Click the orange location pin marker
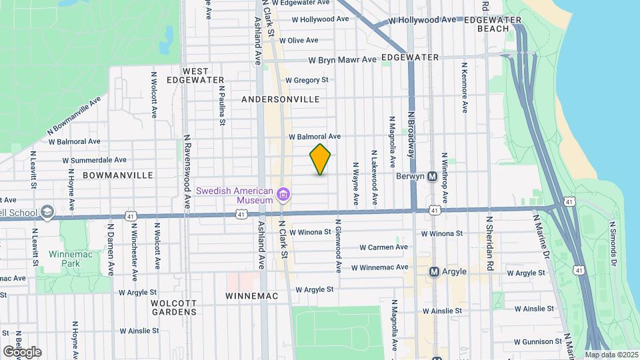tap(320, 159)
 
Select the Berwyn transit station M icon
tap(432, 177)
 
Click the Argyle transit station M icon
tap(434, 272)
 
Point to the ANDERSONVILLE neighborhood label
tap(280, 99)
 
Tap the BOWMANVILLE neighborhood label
tap(118, 175)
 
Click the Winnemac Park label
tap(65, 259)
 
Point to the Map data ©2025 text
tap(611, 355)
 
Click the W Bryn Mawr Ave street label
tap(342, 60)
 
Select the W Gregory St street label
tap(307, 80)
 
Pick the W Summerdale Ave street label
tap(94, 160)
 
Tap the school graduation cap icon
tap(47, 212)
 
